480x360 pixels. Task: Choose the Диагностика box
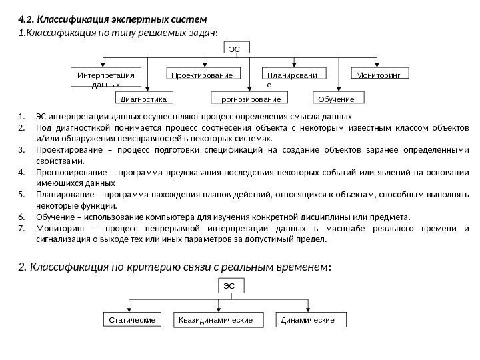click(145, 99)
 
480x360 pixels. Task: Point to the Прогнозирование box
click(246, 99)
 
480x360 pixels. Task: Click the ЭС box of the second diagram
click(231, 287)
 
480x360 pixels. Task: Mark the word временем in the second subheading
click(301, 267)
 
